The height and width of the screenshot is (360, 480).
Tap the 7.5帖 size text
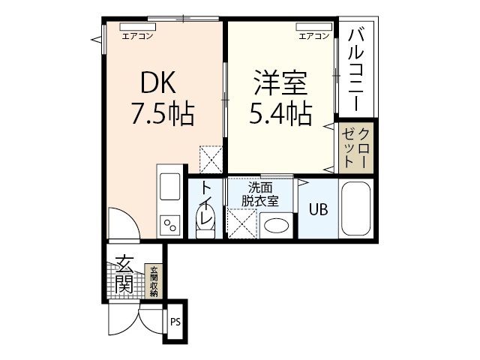(163, 114)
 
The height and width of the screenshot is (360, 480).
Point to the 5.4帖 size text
(280, 114)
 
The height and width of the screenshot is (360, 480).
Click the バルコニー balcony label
(358, 67)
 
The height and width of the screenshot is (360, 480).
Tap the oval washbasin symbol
(278, 226)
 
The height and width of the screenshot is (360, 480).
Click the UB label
(319, 211)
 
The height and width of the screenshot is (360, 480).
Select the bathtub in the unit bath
(356, 209)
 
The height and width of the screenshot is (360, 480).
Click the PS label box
(175, 323)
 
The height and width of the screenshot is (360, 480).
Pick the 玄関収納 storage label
(154, 282)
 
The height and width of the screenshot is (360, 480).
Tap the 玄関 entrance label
(124, 274)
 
